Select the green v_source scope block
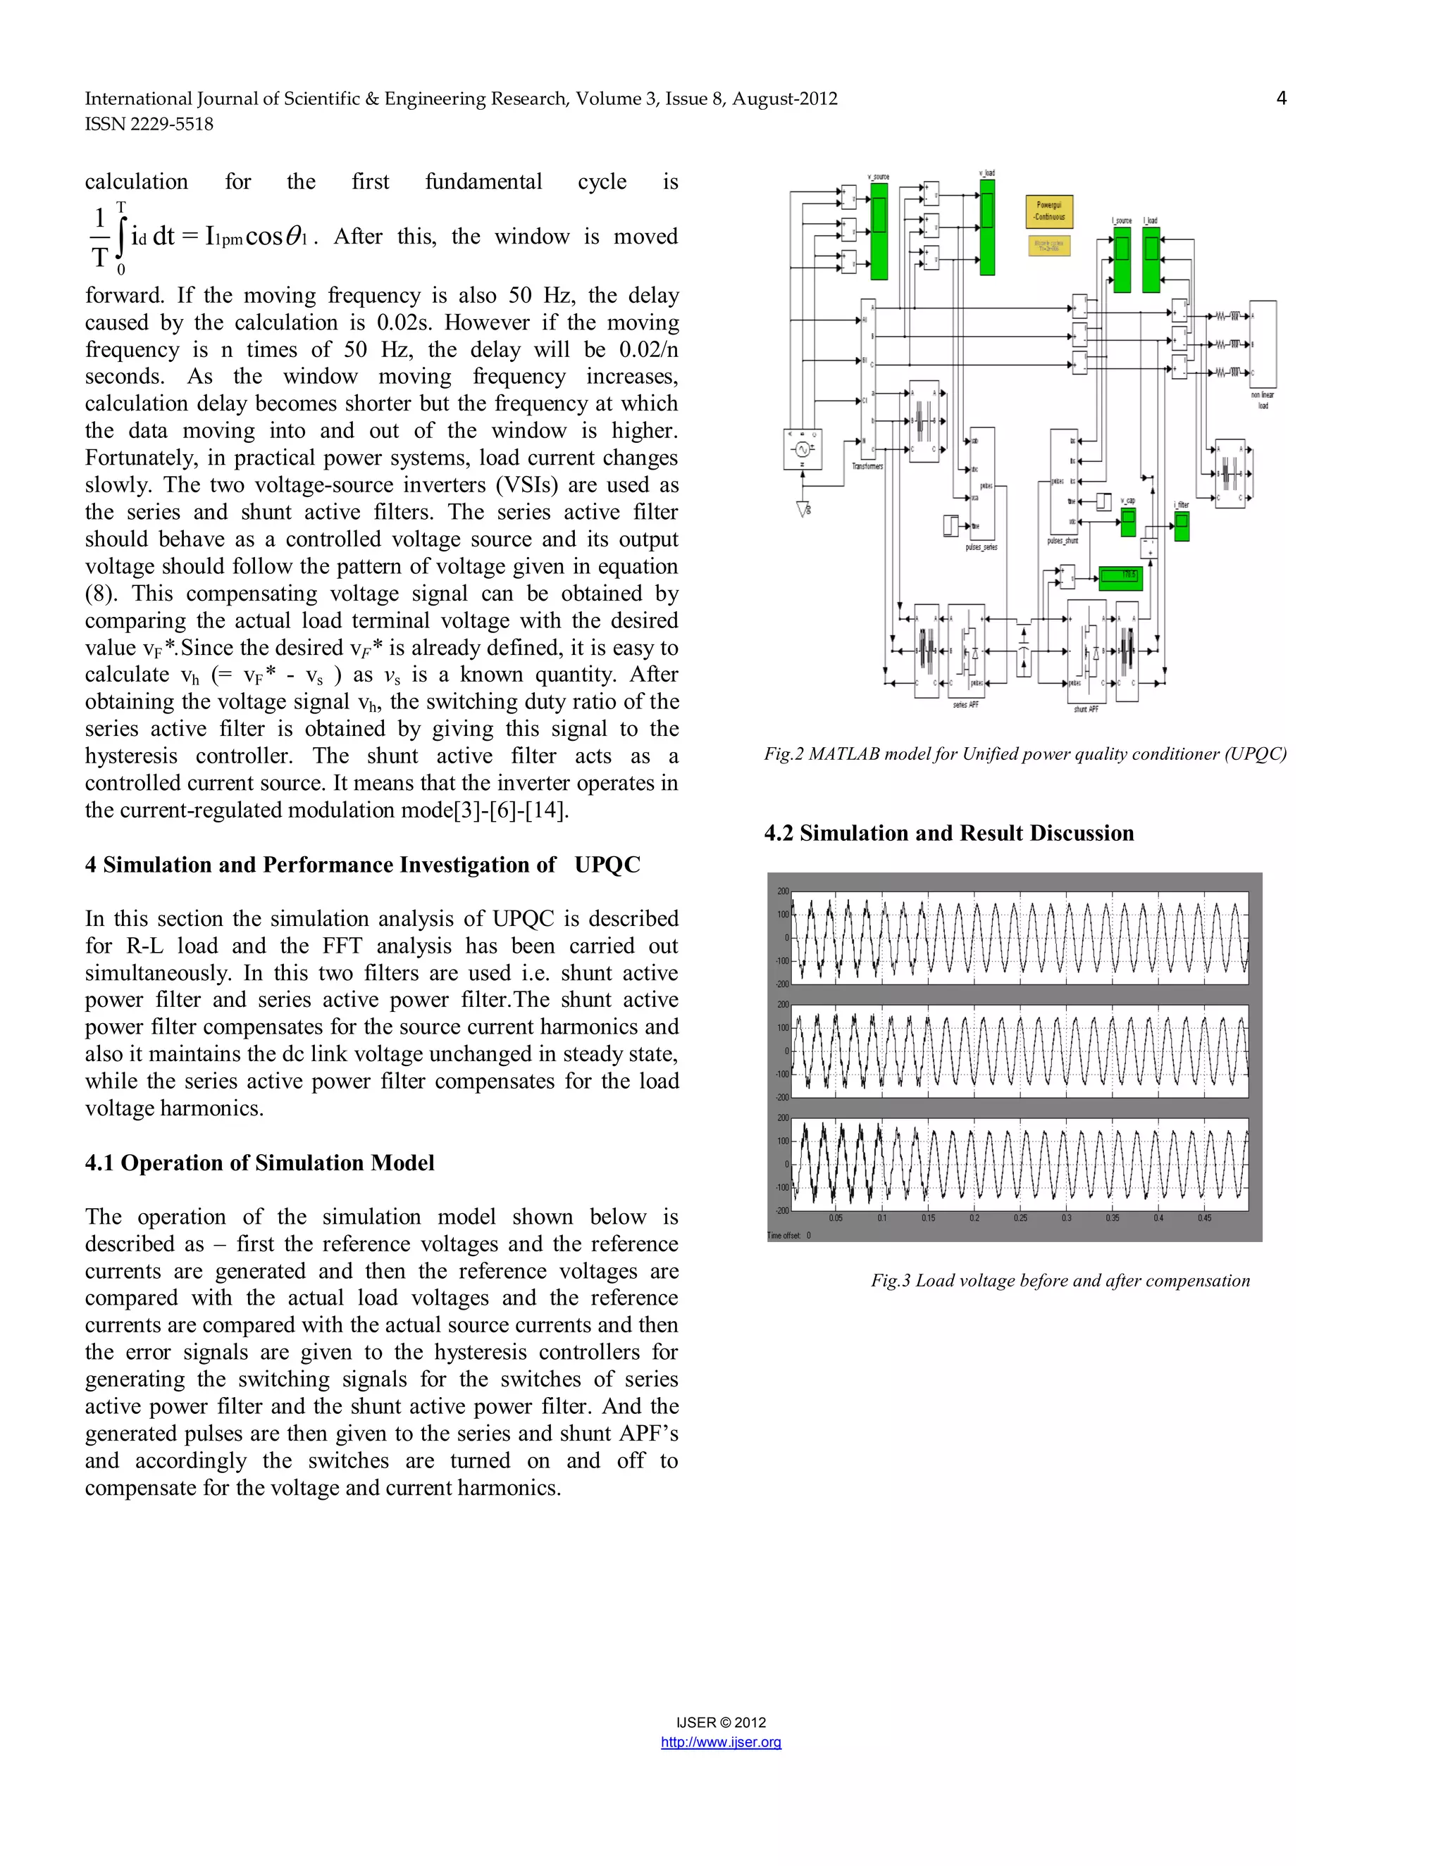(879, 232)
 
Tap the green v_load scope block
(986, 227)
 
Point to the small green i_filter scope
(1182, 526)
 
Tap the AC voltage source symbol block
(802, 449)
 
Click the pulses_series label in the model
(981, 547)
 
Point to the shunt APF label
(1086, 709)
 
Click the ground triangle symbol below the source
(803, 509)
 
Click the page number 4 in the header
(1280, 99)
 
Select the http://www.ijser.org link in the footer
(721, 1742)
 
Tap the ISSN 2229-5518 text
(149, 124)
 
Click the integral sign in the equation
(120, 237)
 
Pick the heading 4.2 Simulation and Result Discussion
(948, 833)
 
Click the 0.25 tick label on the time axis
(1020, 1217)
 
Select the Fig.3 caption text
(1060, 1280)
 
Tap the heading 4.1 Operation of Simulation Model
(259, 1163)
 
